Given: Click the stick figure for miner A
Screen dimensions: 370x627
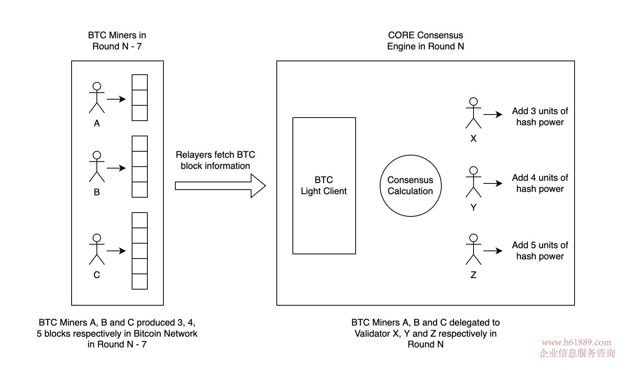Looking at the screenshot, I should [x=97, y=98].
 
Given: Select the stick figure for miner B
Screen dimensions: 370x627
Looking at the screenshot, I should [x=97, y=167].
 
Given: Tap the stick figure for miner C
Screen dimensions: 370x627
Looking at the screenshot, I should [x=97, y=249].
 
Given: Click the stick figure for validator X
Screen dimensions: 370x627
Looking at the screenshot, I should [x=474, y=113].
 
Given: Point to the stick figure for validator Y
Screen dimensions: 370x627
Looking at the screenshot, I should [x=474, y=182].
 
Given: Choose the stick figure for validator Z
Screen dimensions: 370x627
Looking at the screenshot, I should [x=474, y=249].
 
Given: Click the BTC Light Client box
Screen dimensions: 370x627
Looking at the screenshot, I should [x=324, y=186].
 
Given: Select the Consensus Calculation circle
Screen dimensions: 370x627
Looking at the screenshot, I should [x=410, y=186].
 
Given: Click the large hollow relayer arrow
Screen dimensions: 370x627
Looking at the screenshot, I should [x=220, y=186].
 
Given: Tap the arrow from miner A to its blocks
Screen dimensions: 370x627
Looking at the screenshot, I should [x=116, y=99].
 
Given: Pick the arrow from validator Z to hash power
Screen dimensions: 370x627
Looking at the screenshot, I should [x=493, y=251].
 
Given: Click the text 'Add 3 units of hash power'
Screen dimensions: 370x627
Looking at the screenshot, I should [x=540, y=116].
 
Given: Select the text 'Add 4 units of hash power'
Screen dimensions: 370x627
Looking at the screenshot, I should [x=540, y=183].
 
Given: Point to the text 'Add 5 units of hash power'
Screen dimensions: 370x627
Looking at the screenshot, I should [x=540, y=250].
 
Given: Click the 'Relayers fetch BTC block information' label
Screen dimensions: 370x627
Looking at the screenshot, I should [x=215, y=160].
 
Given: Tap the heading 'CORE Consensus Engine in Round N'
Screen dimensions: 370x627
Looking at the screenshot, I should [x=425, y=41].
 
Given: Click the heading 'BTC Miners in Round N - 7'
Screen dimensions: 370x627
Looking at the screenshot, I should [x=117, y=41].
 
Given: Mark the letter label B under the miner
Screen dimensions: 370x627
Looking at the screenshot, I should [x=97, y=192].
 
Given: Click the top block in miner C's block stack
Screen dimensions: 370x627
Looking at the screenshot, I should [x=140, y=220].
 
